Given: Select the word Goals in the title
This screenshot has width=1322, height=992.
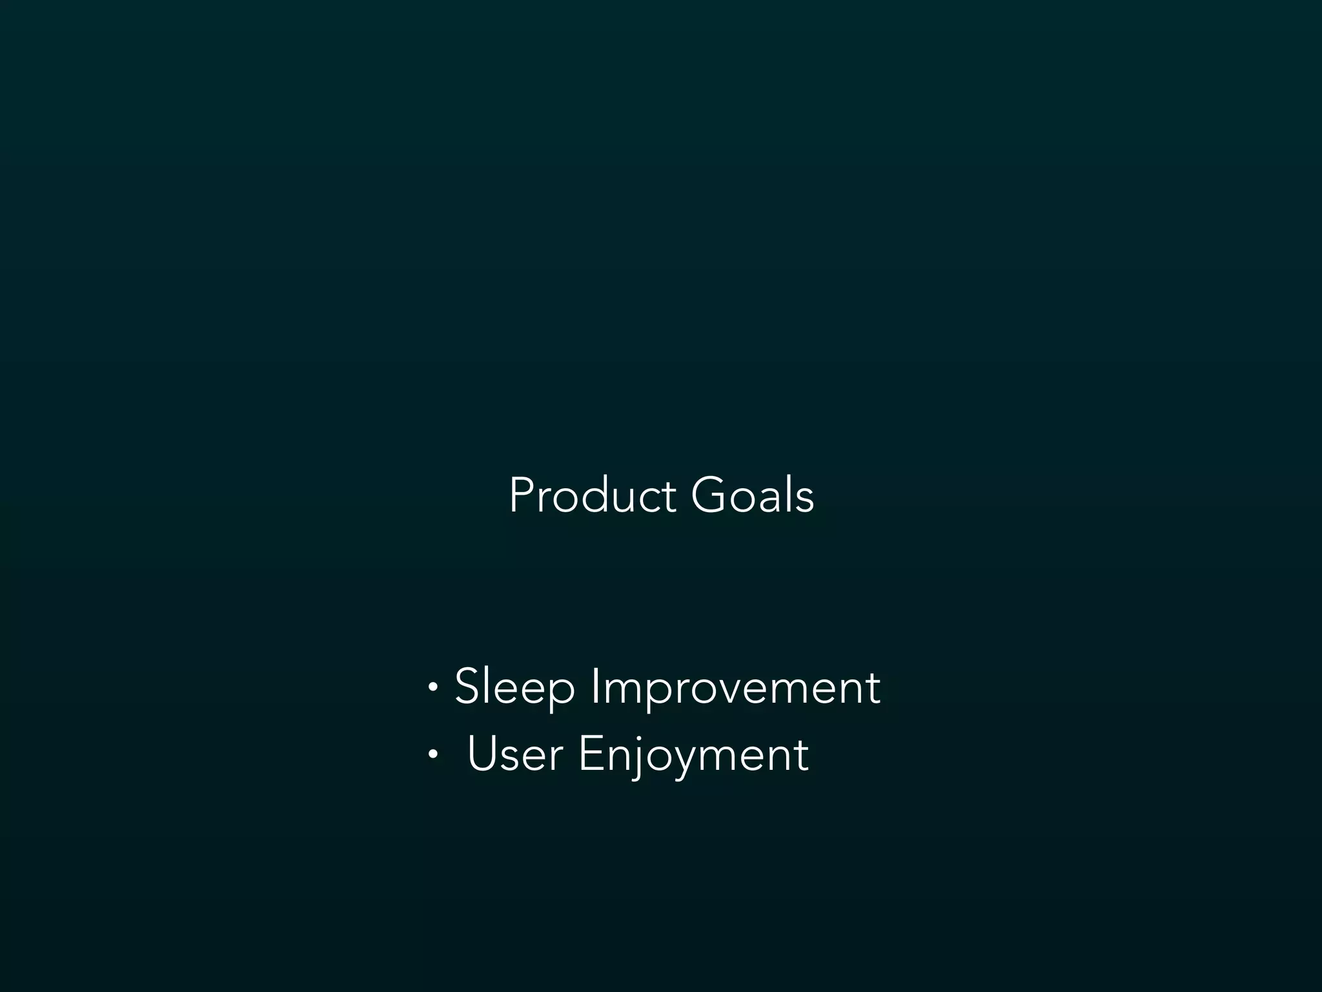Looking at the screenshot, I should [752, 496].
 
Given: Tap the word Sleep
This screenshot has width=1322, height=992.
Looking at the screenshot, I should [514, 687].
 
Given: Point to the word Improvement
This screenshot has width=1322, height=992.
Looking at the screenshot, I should [735, 687].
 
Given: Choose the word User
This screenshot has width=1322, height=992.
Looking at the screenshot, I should [514, 754].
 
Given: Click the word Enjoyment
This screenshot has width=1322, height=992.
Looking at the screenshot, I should [693, 754].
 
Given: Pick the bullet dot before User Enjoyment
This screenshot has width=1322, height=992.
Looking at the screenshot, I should [432, 754].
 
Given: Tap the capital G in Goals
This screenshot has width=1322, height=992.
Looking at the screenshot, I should [709, 496].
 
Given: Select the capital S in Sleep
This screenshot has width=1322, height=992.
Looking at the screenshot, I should [469, 687].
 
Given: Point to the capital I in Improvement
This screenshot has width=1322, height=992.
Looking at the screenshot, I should [595, 687].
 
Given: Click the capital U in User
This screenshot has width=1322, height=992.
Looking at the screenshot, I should [483, 753].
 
